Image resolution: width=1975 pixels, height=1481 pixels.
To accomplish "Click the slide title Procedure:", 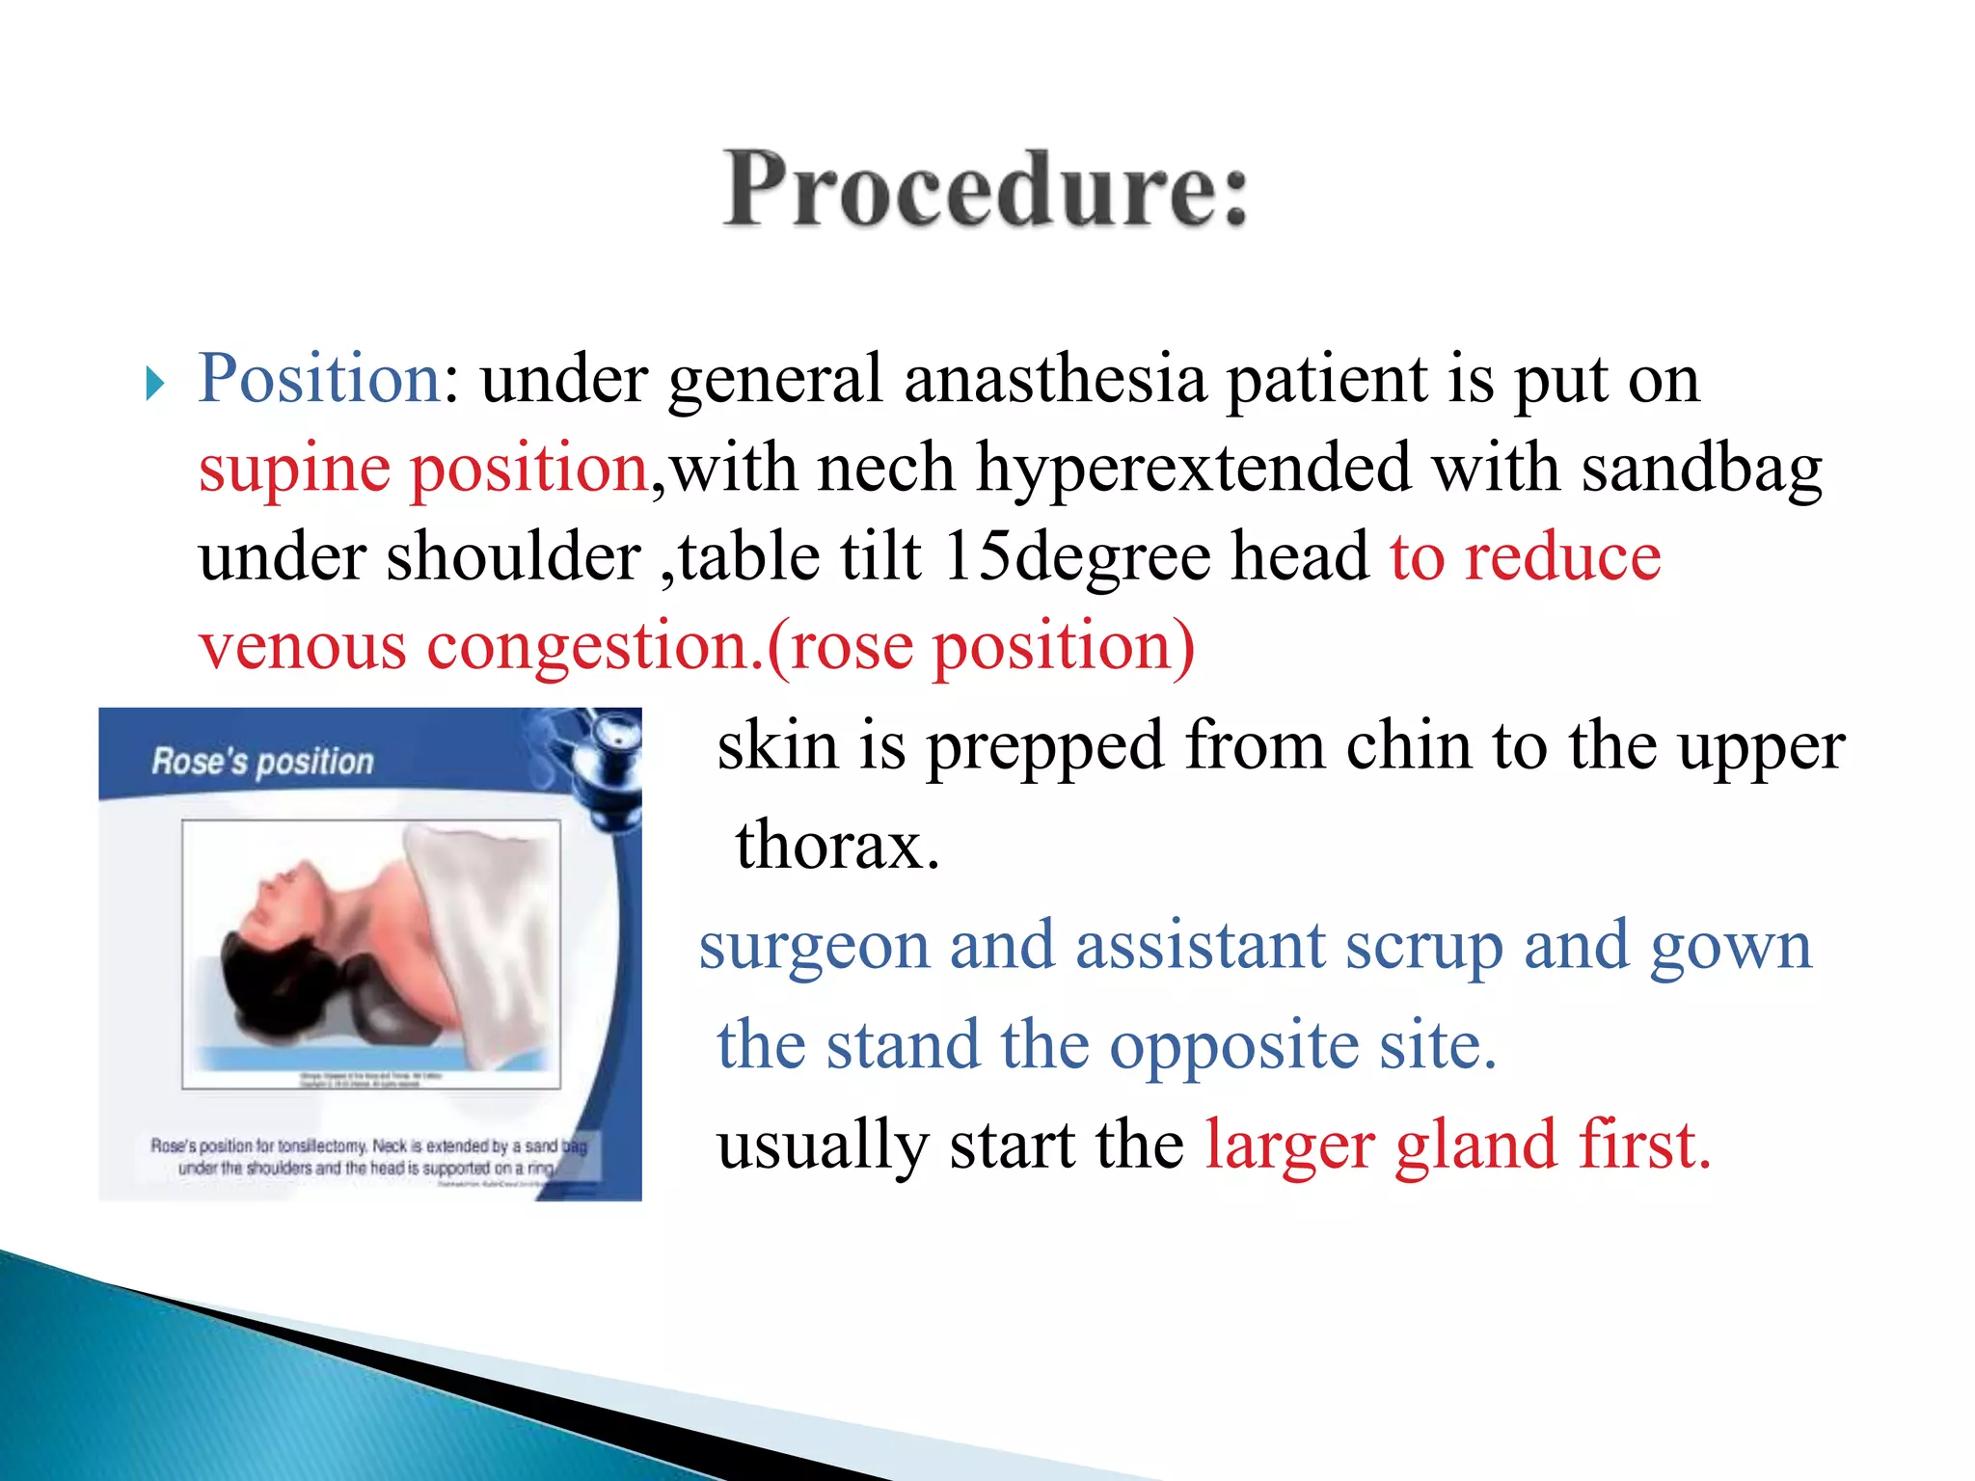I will coord(986,189).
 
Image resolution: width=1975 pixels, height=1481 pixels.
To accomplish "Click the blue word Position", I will coord(319,378).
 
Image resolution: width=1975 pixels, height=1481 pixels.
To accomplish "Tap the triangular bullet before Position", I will coord(155,384).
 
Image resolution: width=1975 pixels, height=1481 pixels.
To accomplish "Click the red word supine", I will coord(294,469).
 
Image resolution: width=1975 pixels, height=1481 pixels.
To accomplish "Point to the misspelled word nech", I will coord(885,469).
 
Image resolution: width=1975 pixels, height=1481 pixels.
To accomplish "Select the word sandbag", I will coord(1701,469).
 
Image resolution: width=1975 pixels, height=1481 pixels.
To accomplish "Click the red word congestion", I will coord(588,646).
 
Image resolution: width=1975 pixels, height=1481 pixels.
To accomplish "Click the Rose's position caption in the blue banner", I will coord(262,762).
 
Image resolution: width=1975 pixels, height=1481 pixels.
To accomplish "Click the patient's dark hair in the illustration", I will coord(260,974).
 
